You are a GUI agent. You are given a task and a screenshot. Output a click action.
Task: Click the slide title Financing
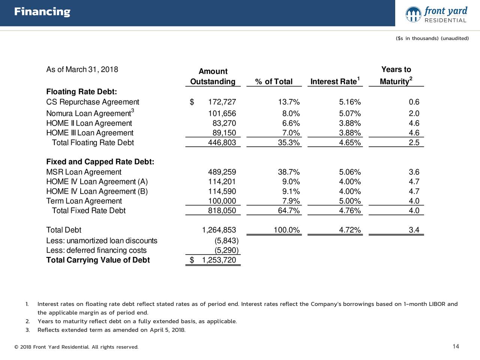42,12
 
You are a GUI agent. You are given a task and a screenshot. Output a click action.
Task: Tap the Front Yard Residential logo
436,15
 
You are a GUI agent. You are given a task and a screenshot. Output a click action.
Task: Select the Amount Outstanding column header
213,76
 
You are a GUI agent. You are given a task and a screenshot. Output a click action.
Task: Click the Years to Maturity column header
396,75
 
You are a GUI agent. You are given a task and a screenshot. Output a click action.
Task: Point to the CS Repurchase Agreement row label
93,102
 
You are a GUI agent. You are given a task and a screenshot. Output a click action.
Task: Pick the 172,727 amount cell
222,102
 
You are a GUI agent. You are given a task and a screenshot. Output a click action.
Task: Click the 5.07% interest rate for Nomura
350,114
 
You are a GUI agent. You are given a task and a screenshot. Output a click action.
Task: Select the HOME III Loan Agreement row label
90,133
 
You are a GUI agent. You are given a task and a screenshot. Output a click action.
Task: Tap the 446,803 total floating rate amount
222,143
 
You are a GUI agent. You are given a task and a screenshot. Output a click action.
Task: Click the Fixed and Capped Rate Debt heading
100,162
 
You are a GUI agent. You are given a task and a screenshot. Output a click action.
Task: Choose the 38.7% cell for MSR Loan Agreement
289,172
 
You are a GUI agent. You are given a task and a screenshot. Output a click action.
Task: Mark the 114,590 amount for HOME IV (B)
222,192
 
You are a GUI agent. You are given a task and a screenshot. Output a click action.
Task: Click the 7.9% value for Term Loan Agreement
291,201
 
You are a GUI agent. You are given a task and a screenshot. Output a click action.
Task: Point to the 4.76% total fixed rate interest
350,211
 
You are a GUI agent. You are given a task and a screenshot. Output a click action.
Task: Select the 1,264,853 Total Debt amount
219,230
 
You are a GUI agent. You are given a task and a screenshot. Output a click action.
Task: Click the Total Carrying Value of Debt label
98,260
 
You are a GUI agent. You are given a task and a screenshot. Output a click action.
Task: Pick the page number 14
456,346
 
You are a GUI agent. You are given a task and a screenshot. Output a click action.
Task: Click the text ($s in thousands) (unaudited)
432,39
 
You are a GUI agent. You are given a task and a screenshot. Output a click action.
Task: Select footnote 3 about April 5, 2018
111,330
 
